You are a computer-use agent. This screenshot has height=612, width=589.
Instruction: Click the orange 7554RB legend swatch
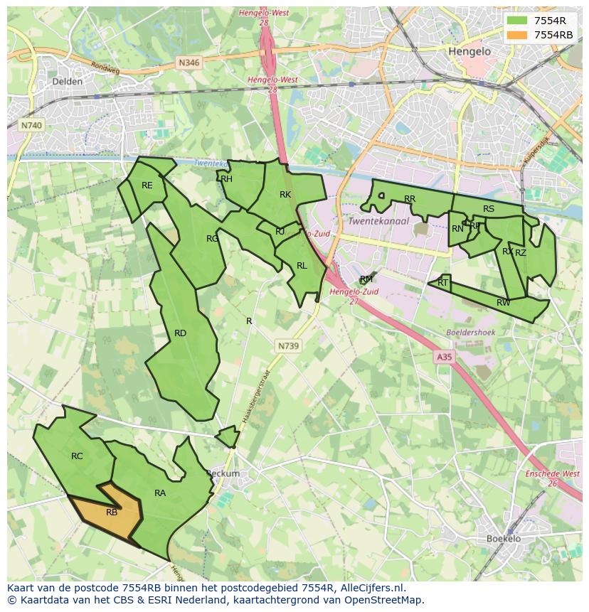(517, 35)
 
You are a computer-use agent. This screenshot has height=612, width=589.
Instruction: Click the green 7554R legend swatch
(517, 21)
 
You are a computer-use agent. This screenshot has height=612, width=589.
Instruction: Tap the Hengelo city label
(469, 52)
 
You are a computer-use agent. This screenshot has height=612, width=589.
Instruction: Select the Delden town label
(68, 82)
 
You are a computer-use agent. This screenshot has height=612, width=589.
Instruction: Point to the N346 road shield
(189, 63)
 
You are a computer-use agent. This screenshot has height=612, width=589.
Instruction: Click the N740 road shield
(31, 125)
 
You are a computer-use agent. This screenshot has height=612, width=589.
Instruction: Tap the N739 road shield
(288, 345)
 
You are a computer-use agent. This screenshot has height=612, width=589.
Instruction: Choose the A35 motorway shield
(444, 358)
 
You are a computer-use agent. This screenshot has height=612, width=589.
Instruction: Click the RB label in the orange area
(112, 512)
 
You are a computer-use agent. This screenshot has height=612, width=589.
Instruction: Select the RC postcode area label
(77, 456)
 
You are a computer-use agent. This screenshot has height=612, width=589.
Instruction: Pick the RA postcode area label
(160, 493)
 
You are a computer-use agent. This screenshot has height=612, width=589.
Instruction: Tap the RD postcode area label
(180, 333)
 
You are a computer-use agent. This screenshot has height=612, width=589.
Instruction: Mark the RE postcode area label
(147, 186)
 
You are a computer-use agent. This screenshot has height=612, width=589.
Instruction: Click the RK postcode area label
(285, 195)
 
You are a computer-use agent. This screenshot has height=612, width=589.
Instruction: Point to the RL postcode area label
(302, 266)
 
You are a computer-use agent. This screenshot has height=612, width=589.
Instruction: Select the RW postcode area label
(503, 303)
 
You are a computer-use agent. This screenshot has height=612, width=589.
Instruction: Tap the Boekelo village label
(504, 539)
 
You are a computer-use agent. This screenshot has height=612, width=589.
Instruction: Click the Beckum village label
(223, 473)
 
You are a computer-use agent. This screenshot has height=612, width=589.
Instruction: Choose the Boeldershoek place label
(469, 333)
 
